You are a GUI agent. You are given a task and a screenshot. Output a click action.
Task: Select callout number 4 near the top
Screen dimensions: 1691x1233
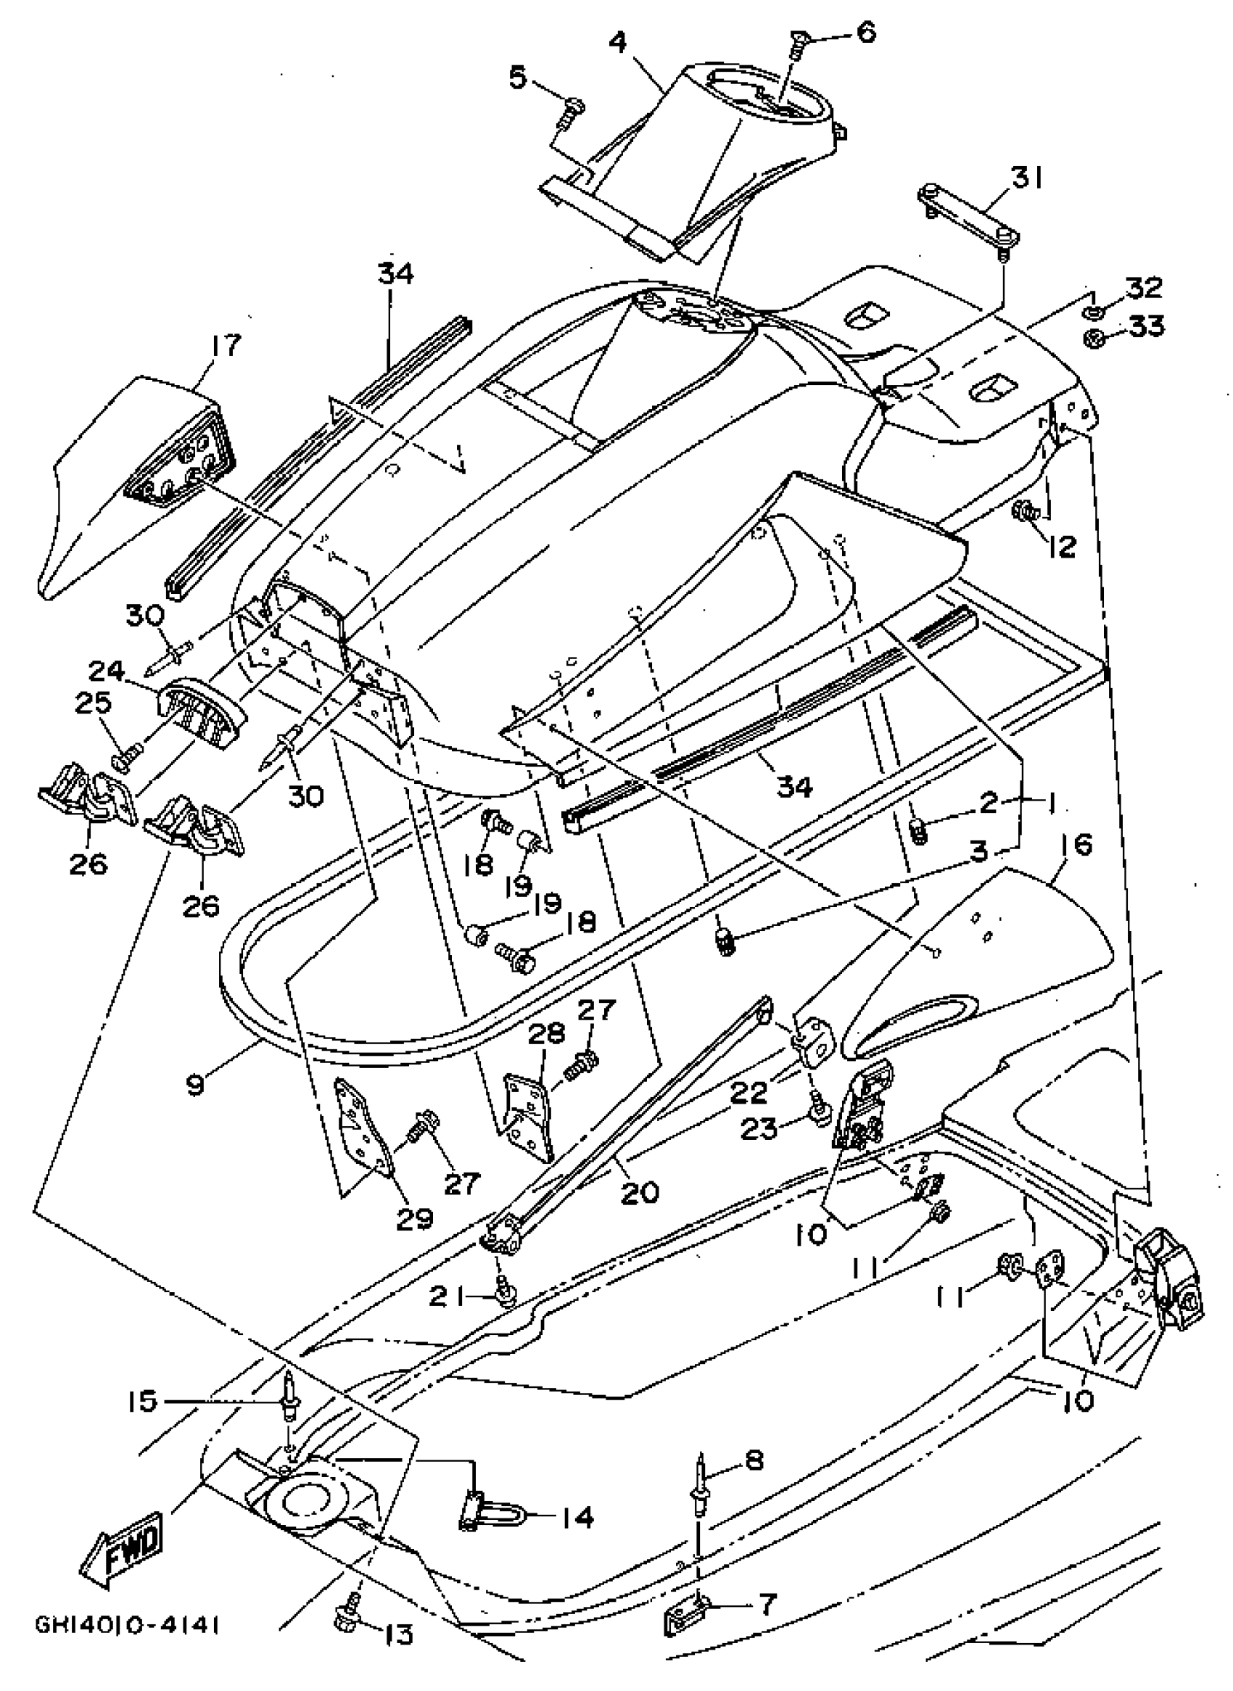618,43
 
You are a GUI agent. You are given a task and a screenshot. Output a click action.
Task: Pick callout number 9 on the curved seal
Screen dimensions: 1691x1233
196,1083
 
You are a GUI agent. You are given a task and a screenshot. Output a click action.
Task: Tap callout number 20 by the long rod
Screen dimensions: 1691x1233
640,1192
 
